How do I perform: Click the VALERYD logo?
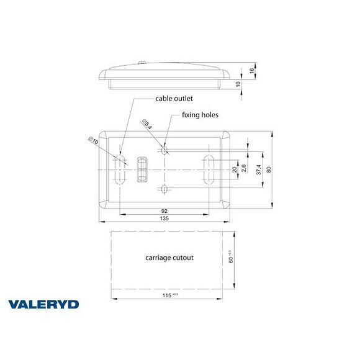43,304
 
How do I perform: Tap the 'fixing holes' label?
200,115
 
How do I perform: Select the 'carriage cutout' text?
169,257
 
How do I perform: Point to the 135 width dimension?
165,218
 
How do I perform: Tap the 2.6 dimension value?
245,169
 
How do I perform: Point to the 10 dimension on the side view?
238,84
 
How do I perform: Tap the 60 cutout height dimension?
230,255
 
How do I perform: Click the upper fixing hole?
164,150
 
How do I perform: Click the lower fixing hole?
164,189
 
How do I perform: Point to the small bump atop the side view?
142,62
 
